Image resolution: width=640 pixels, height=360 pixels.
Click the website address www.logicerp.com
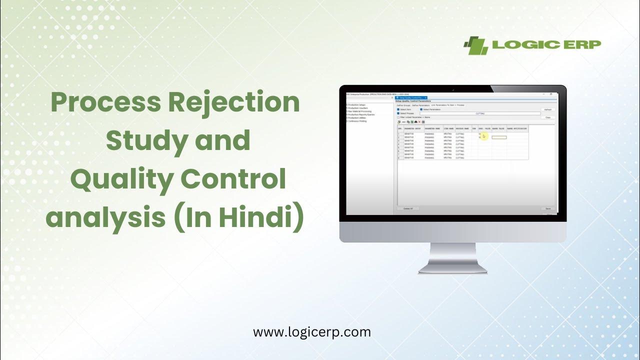click(312, 331)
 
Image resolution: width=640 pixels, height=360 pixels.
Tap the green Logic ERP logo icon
click(475, 45)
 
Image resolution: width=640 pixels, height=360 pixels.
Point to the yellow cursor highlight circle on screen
click(483, 136)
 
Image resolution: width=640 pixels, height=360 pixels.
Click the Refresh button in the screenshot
click(548, 109)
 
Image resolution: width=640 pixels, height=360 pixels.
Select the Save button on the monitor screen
click(548, 208)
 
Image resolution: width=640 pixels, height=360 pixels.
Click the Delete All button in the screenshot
click(407, 208)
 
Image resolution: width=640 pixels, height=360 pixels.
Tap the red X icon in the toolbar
click(419, 121)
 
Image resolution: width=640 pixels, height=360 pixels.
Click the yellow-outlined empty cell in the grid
click(499, 137)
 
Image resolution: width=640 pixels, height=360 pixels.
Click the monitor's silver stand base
click(452, 269)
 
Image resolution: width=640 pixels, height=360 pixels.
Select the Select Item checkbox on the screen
click(398, 109)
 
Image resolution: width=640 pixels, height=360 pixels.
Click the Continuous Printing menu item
click(358, 121)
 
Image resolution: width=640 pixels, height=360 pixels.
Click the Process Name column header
click(462, 128)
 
